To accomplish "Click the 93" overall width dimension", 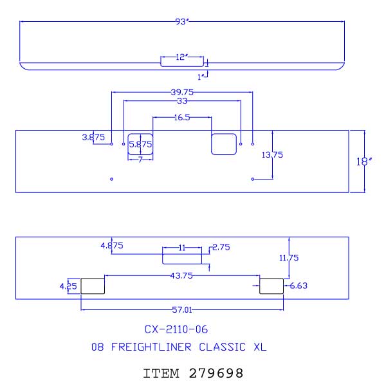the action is pyautogui.click(x=182, y=22).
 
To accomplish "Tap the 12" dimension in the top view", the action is pyautogui.click(x=182, y=57).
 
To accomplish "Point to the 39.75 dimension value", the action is pyautogui.click(x=182, y=92).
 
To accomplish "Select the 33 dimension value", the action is pyautogui.click(x=182, y=101).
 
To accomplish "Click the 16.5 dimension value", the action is pyautogui.click(x=182, y=118).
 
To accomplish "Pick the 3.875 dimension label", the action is pyautogui.click(x=93, y=137).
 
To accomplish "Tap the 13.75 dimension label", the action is pyautogui.click(x=272, y=155).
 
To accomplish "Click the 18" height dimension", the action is pyautogui.click(x=364, y=161).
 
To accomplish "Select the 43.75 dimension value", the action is pyautogui.click(x=181, y=275).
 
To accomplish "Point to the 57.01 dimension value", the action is pyautogui.click(x=182, y=309).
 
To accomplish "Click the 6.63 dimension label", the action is pyautogui.click(x=299, y=286).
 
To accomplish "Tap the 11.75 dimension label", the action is pyautogui.click(x=289, y=258).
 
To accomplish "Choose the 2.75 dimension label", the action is pyautogui.click(x=221, y=247).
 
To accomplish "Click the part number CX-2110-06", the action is pyautogui.click(x=176, y=329).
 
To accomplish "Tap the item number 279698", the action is pyautogui.click(x=216, y=373).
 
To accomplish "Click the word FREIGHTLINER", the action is pyautogui.click(x=151, y=347).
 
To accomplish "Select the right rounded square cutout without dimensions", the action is pyautogui.click(x=224, y=144).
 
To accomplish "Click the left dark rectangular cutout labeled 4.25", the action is pyautogui.click(x=93, y=286).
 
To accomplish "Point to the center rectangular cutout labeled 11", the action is pyautogui.click(x=182, y=259).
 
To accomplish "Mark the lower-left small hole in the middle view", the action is pyautogui.click(x=111, y=179).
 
